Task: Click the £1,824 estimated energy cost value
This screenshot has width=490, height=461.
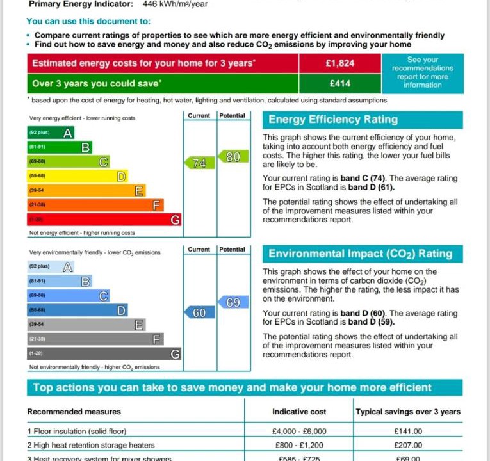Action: (339, 63)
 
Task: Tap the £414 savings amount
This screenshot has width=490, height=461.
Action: (339, 83)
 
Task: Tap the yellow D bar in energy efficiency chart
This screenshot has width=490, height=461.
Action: (77, 176)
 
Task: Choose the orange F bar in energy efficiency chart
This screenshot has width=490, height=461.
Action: (95, 205)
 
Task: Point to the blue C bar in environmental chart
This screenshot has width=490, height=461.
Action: (68, 296)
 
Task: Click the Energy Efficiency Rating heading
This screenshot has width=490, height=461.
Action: (333, 120)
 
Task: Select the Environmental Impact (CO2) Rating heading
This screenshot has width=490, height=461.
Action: (360, 254)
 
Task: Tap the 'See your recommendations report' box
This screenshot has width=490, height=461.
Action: (422, 72)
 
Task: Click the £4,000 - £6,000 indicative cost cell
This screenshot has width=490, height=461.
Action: (299, 432)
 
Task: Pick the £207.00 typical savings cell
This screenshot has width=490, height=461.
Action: (408, 445)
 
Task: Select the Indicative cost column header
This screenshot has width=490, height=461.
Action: (299, 412)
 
